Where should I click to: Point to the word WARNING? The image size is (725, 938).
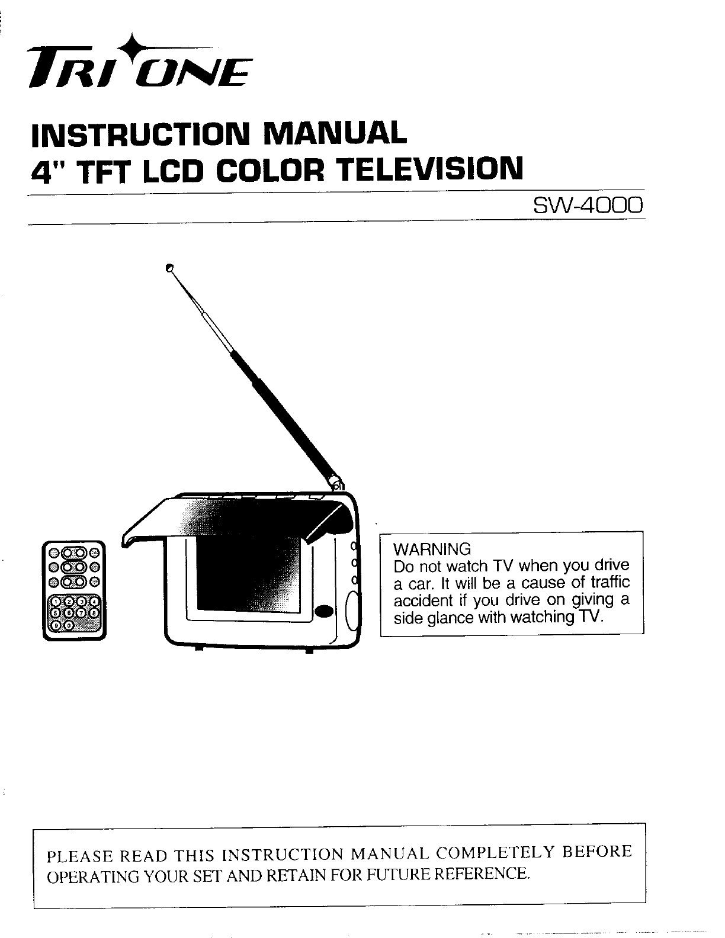pyautogui.click(x=432, y=548)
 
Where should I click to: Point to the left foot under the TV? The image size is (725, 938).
pyautogui.click(x=197, y=651)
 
